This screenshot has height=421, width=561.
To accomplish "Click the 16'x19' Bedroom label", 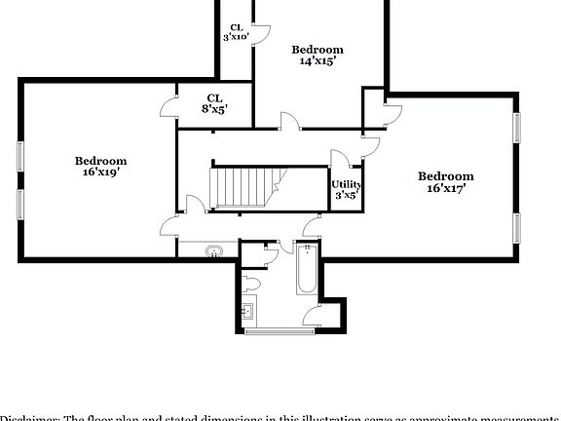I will coord(101,167).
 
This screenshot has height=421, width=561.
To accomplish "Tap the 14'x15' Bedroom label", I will coord(318,55).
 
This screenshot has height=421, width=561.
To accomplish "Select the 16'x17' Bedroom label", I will coord(446,182).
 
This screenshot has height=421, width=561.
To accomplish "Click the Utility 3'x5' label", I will coord(346,189).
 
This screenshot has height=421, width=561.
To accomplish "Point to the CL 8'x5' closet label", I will coord(214,103).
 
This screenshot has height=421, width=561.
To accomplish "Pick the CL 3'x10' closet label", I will coord(236,32).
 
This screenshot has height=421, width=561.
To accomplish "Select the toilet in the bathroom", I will coord(252,284).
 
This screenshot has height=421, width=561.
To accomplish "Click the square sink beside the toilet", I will coord(246,313).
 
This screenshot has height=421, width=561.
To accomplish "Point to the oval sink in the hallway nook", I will coord(212,252).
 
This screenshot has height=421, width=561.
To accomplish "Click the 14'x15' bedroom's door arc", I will coord(290,121).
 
